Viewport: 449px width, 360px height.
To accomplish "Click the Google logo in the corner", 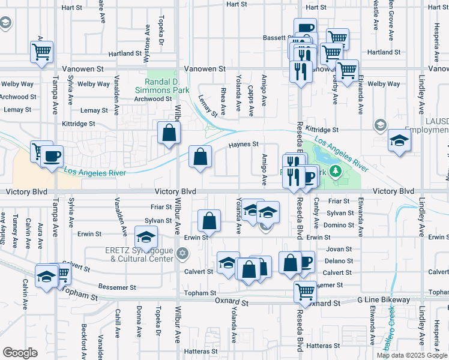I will coord(20,353).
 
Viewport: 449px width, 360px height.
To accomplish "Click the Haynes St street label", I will coord(243,144).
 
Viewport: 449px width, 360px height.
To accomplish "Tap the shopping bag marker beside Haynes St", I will coord(200,157).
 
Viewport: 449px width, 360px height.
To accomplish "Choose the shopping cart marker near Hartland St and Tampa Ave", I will coord(41,52).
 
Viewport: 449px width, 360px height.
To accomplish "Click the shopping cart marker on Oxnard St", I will coord(305,292).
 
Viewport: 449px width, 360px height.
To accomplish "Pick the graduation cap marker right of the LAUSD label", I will coord(399,141).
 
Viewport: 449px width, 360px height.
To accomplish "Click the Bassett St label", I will coord(277,38).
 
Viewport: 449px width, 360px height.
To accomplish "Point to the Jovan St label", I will coord(339,249).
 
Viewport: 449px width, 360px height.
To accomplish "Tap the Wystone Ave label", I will coord(147,44).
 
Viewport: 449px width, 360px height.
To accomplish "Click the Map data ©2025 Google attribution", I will coord(412,355).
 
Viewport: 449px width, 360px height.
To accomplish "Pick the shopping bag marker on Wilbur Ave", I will coord(169,133).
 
